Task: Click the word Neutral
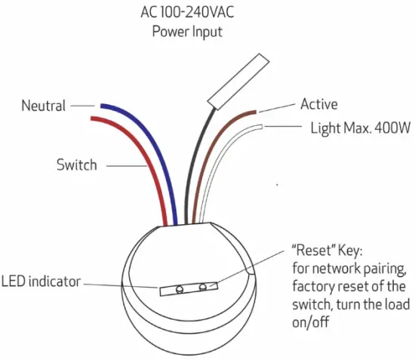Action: tap(44, 106)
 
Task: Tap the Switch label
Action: tap(77, 164)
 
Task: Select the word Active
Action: tap(318, 104)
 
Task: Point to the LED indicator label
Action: tap(41, 282)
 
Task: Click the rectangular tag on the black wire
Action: tap(235, 79)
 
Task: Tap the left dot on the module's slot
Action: tap(180, 289)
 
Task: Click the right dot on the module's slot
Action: tap(203, 287)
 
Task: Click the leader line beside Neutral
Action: tap(81, 106)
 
